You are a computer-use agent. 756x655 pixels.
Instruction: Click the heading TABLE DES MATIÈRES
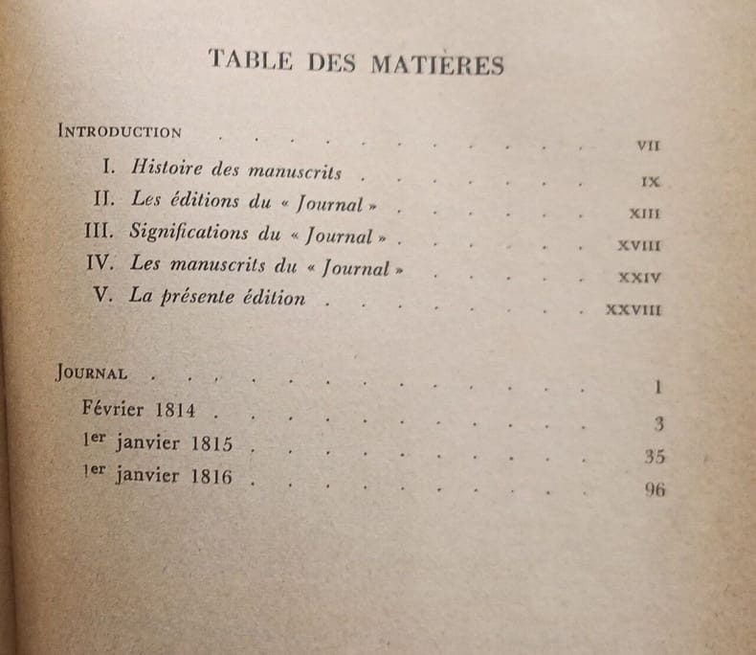tap(356, 64)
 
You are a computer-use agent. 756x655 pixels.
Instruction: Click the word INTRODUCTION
tap(120, 130)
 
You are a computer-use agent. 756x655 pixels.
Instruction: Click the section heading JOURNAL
tap(93, 373)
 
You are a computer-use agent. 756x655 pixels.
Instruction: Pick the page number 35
tap(655, 457)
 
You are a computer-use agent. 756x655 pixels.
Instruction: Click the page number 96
tap(654, 491)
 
